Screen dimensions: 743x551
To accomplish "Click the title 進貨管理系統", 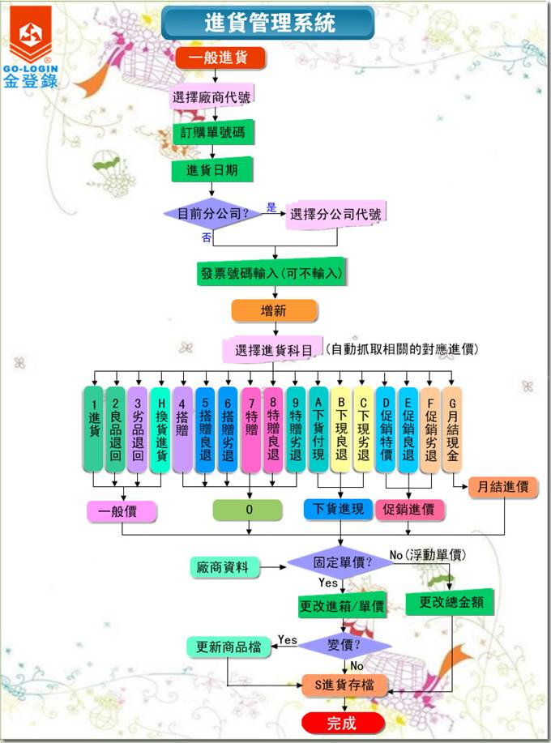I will pyautogui.click(x=270, y=23).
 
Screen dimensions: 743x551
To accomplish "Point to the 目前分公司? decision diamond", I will pyautogui.click(x=214, y=214).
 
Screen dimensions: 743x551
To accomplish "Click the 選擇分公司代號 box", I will pyautogui.click(x=335, y=216).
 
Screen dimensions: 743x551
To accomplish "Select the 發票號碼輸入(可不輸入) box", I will pyautogui.click(x=271, y=274).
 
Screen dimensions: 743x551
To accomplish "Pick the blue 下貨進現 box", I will pyautogui.click(x=337, y=510).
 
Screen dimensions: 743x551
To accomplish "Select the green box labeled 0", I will pyautogui.click(x=248, y=510).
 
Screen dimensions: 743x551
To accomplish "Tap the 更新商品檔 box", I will pyautogui.click(x=228, y=646).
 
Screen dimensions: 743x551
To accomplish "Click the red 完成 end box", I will pyautogui.click(x=341, y=723).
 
